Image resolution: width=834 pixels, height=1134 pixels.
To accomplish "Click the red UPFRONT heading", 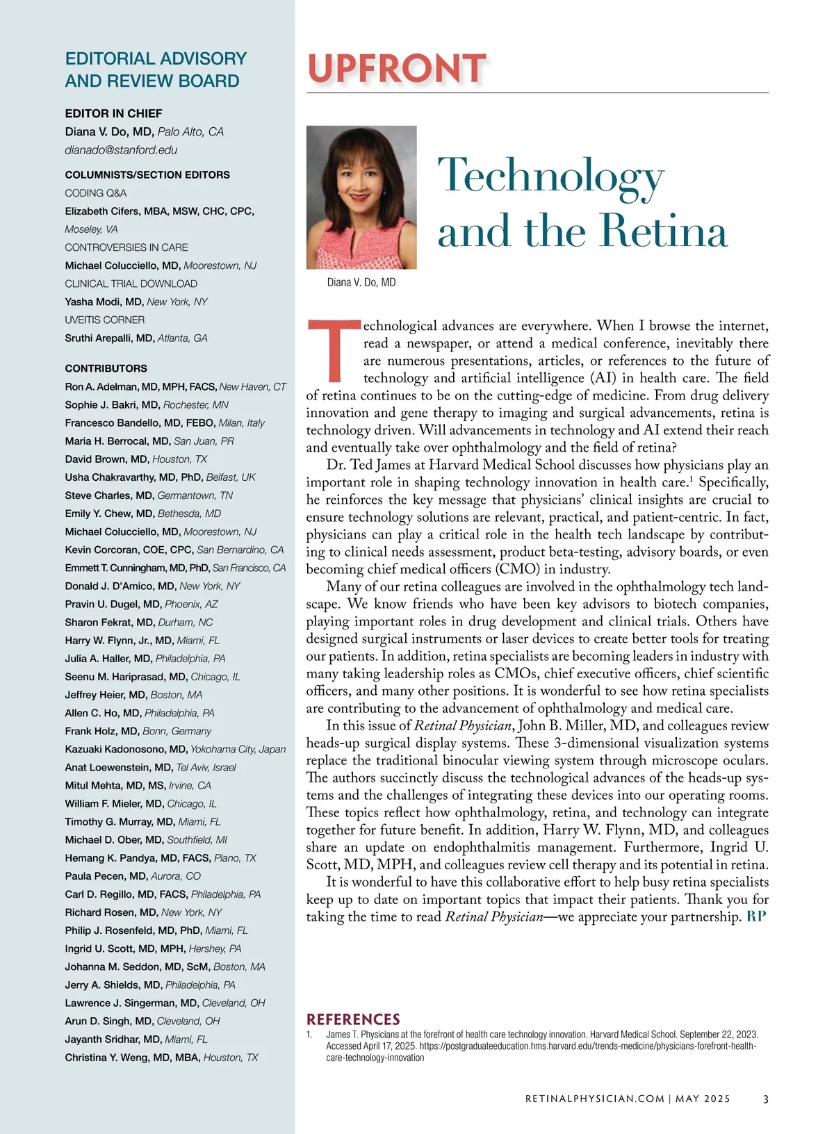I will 396,69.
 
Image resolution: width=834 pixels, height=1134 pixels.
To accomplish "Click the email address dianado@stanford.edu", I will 121,150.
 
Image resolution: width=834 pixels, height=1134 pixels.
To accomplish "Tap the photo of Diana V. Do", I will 361,197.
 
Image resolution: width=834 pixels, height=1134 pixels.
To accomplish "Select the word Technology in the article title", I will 550,176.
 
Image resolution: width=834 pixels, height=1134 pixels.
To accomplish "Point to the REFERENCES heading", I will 353,1019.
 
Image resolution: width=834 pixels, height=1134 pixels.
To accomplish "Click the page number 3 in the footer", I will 765,1099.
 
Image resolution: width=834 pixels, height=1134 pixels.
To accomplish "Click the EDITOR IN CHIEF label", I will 113,113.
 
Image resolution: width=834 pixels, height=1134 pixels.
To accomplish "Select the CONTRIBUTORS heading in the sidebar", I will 106,368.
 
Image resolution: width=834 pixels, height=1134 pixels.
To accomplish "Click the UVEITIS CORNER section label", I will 105,320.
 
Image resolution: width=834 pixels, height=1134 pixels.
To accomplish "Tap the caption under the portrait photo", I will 361,282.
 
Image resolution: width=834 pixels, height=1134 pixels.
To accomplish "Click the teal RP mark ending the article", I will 756,917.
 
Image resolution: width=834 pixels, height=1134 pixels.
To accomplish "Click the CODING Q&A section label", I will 96,193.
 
